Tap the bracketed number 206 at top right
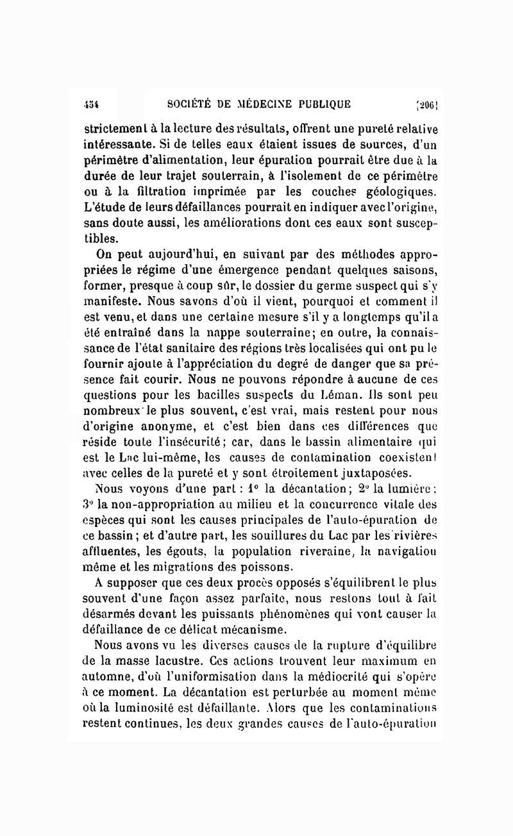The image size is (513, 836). pos(427,104)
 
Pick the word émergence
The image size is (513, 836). pos(251,269)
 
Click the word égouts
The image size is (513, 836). pos(185,551)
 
